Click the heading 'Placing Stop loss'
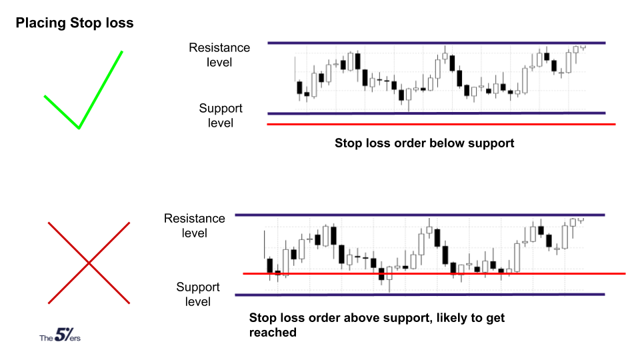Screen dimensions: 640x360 pos(75,23)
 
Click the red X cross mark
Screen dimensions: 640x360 pos(89,263)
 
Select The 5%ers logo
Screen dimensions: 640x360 pos(60,335)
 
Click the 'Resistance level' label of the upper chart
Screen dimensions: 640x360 pos(219,55)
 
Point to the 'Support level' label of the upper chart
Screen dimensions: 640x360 pos(221,115)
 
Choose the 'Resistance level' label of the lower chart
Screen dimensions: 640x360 pos(194,226)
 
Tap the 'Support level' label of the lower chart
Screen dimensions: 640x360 pos(198,294)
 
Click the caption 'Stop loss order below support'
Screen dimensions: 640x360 pos(425,143)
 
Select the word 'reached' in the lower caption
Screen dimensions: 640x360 pos(273,333)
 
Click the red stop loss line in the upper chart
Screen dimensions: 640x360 pos(441,124)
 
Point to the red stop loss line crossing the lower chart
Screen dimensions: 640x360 pos(434,273)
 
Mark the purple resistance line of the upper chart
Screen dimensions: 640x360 pos(437,43)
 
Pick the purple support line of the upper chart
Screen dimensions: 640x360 pos(437,113)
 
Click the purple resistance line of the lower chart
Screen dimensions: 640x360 pos(420,215)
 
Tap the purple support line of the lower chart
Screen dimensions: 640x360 pos(420,294)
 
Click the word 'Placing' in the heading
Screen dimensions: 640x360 pos(41,23)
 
